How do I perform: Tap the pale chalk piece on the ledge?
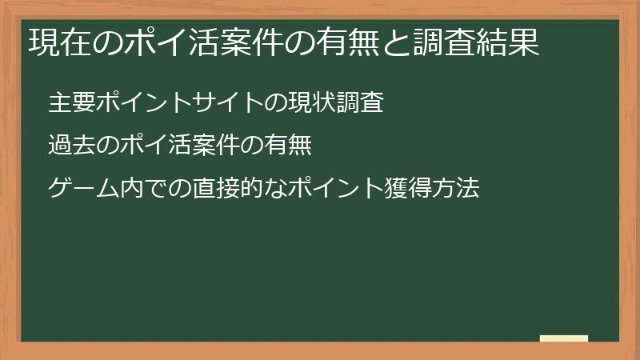pyautogui.click(x=564, y=338)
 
